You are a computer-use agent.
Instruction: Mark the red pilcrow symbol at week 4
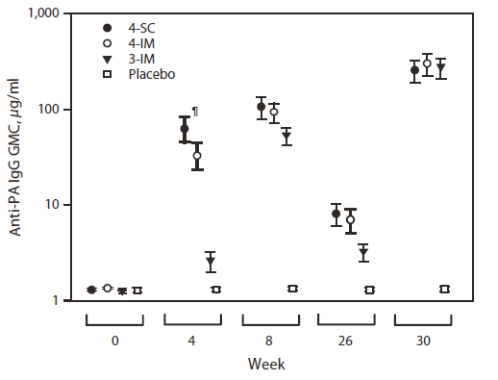[x=195, y=112]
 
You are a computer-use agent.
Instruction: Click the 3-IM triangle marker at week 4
[x=211, y=262]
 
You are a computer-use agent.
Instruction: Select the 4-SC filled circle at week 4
[x=185, y=129]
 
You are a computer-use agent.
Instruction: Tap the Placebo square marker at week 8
[x=293, y=289]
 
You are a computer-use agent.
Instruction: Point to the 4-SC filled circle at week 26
[x=336, y=214]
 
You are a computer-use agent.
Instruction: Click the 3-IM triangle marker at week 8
[x=286, y=136]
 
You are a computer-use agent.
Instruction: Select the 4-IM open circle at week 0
[x=108, y=288]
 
